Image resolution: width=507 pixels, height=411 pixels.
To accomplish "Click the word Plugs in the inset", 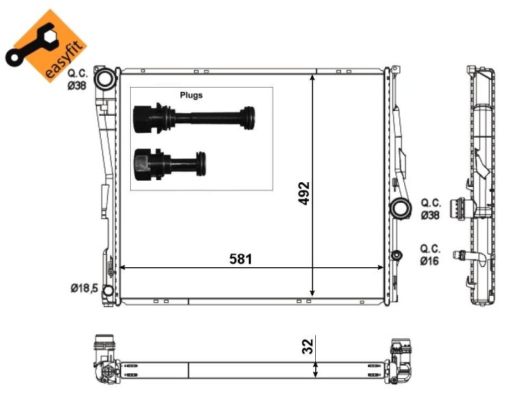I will (x=191, y=95).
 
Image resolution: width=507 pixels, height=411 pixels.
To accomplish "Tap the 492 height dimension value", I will (x=304, y=195).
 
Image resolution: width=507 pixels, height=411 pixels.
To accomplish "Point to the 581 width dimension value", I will (x=241, y=259).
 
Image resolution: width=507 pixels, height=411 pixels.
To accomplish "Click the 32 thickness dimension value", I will (x=307, y=346).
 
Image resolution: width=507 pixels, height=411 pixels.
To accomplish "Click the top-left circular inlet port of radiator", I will (x=106, y=79).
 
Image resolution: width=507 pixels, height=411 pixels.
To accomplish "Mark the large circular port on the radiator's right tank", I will (x=398, y=208).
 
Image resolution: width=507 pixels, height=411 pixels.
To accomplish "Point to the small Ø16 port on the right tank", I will (x=395, y=256).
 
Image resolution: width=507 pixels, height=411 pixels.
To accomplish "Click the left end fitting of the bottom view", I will (x=104, y=360).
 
